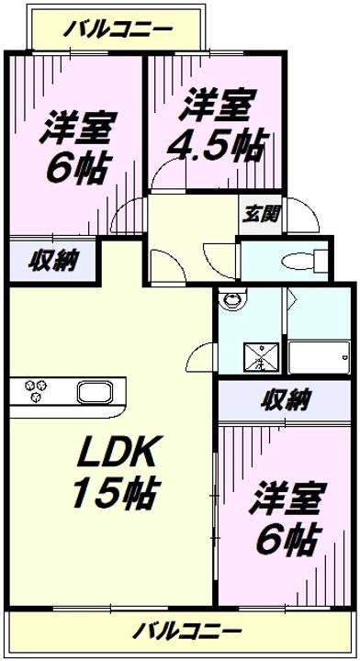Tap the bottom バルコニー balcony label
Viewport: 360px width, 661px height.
[x=186, y=631]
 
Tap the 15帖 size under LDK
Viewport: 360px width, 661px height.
[x=113, y=495]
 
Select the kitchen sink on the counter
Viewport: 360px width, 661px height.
[x=95, y=392]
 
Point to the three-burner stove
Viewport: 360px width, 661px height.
[x=38, y=392]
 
